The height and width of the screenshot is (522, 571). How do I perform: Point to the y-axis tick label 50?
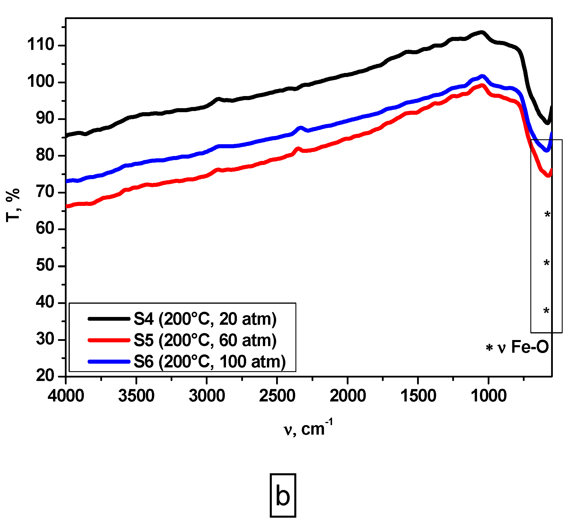pyautogui.click(x=45, y=265)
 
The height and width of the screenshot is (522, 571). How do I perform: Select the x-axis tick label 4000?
pyautogui.click(x=66, y=396)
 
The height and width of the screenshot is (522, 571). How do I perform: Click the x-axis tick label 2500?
pyautogui.click(x=277, y=396)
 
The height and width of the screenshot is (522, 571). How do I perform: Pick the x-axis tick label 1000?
pyautogui.click(x=489, y=396)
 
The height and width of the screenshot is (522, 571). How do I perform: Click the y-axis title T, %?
pyautogui.click(x=13, y=205)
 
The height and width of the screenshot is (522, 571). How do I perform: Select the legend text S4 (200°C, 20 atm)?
pyautogui.click(x=205, y=319)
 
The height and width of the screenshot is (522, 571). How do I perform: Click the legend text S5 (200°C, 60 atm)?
pyautogui.click(x=205, y=340)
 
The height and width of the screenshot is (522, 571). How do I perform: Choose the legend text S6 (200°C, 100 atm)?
pyautogui.click(x=210, y=362)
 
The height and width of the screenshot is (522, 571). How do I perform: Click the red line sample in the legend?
pyautogui.click(x=109, y=340)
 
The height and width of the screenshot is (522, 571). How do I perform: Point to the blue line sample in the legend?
pyautogui.click(x=109, y=362)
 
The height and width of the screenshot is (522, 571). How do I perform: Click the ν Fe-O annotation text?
pyautogui.click(x=523, y=347)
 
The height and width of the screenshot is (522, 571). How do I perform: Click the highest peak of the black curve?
pyautogui.click(x=481, y=32)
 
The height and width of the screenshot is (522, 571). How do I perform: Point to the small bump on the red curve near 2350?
pyautogui.click(x=298, y=149)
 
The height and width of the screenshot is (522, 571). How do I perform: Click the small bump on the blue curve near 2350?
pyautogui.click(x=301, y=127)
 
